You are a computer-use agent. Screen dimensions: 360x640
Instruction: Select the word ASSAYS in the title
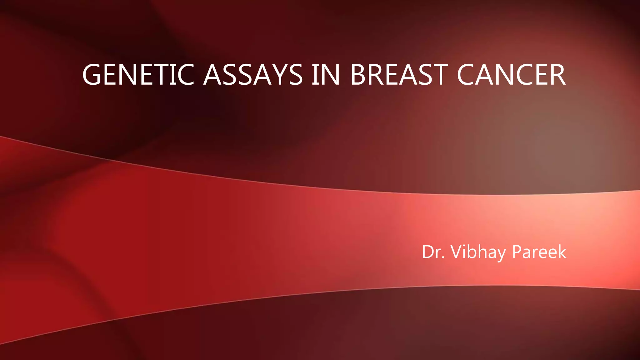[253, 75]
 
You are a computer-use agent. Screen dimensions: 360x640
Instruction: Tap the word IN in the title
[326, 75]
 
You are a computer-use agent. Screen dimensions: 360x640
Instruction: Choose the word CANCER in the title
[511, 75]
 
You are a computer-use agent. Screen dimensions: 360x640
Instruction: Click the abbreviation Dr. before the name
[433, 252]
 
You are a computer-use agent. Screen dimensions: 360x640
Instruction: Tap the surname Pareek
[539, 252]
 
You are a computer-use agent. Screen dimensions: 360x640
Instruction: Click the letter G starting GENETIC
[92, 75]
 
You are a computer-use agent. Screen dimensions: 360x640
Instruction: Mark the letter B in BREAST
[359, 75]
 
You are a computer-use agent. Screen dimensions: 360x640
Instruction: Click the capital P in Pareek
[517, 252]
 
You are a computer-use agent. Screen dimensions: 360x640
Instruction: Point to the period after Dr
[443, 258]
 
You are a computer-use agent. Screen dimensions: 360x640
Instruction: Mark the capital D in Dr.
[428, 252]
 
